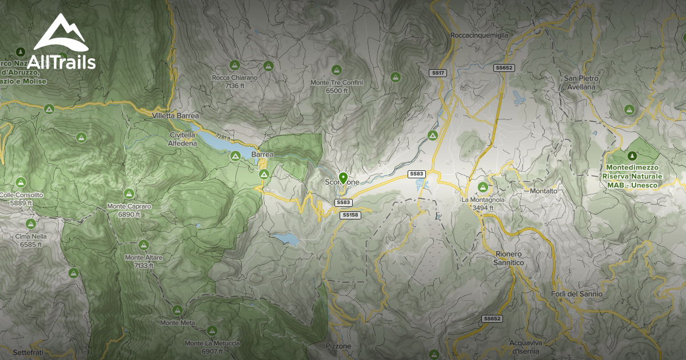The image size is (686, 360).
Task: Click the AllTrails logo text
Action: (x=65, y=62)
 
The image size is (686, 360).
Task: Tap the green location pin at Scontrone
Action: (x=343, y=178)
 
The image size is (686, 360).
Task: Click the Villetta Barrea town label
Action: (x=176, y=115)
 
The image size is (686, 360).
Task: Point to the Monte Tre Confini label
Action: (x=337, y=86)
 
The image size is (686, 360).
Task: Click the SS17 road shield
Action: (x=438, y=73)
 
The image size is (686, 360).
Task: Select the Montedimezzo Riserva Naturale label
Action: (x=631, y=176)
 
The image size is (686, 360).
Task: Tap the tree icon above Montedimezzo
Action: (x=632, y=155)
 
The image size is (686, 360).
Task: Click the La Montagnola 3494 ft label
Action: (x=483, y=203)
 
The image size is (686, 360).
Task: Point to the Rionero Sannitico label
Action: (x=509, y=258)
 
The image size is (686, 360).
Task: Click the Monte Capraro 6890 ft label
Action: (x=129, y=210)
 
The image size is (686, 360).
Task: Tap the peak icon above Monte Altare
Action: (x=143, y=245)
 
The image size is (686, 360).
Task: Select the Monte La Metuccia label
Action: (x=212, y=347)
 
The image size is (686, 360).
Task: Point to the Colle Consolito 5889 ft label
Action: (x=22, y=198)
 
